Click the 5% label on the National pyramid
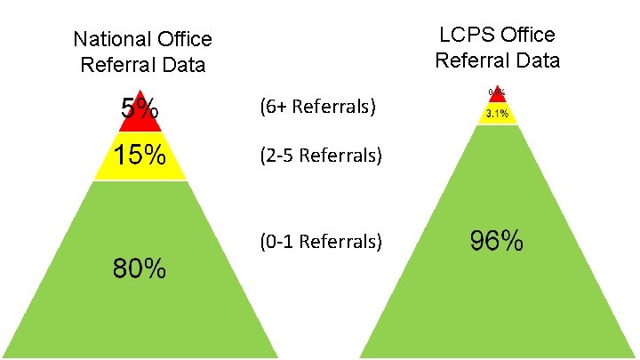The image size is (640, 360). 140,111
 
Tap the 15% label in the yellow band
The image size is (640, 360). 140,156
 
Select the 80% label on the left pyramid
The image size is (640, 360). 139,268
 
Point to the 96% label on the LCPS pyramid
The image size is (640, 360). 496,242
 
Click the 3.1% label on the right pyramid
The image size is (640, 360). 497,114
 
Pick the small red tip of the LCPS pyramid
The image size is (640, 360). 497,93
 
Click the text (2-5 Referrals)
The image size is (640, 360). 321,156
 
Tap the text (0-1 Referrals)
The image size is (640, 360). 321,242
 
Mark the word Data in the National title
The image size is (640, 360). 184,65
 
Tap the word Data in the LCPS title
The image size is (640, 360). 539,60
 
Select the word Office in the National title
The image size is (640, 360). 183,40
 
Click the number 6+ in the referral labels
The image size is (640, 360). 276,108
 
